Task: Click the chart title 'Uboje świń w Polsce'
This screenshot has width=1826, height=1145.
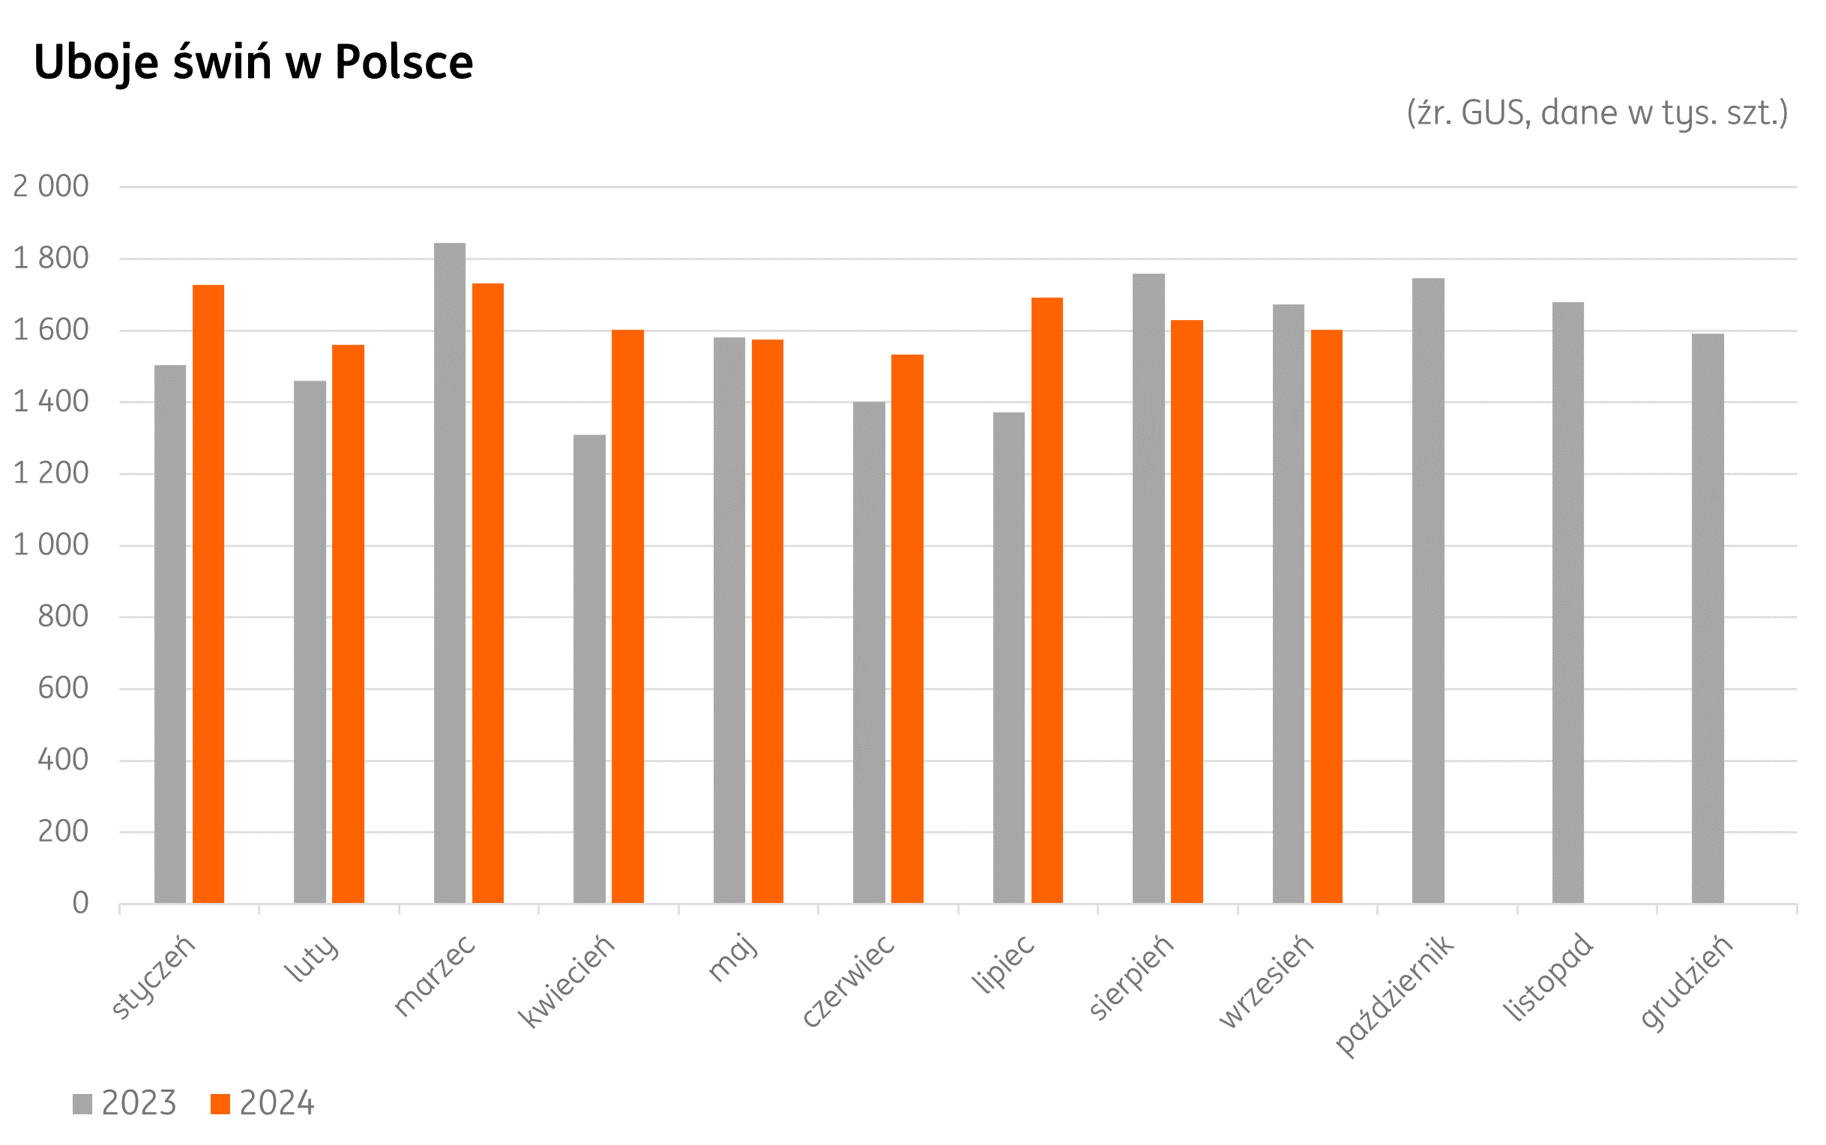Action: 253,62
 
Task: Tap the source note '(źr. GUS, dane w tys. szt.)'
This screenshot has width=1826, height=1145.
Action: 1597,113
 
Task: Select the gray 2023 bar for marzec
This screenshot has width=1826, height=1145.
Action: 449,572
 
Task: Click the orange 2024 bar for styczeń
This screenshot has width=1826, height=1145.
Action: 208,593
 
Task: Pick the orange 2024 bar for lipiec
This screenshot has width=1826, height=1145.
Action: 1046,599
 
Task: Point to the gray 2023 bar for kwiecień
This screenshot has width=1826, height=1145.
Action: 589,668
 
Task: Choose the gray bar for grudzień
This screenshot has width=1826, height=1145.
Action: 1708,618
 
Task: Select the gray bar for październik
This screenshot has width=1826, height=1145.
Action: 1428,590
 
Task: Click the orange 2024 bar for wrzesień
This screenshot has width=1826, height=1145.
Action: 1326,617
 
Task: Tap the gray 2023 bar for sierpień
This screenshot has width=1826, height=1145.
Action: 1148,588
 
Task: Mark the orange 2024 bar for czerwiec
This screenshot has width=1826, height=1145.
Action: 906,629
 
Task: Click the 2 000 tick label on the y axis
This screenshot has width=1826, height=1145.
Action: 51,187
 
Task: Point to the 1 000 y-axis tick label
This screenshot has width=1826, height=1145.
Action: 51,546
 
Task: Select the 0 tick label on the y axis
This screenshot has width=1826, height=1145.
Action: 80,904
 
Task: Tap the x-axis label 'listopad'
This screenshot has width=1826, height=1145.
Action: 1549,976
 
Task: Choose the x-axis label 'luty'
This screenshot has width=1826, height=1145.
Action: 311,958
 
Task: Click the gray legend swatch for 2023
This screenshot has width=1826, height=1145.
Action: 82,1104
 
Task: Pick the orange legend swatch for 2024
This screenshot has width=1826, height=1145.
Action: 220,1104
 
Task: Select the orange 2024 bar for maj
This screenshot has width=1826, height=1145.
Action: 768,621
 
